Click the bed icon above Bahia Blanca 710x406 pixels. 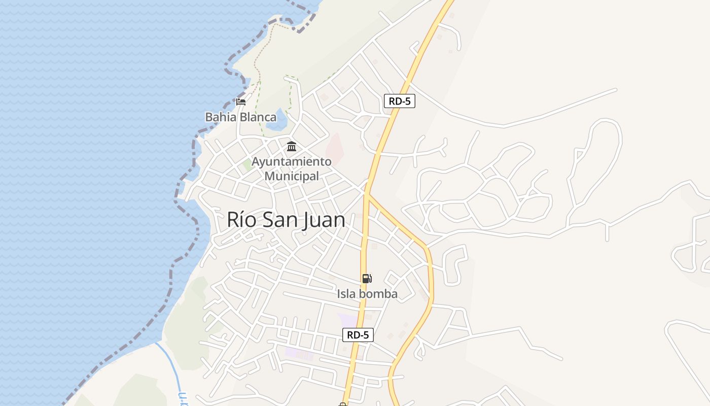click(241, 101)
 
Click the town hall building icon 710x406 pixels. click(292, 147)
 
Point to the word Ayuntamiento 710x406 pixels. click(292, 162)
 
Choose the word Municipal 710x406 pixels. click(292, 176)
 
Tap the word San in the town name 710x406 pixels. click(281, 220)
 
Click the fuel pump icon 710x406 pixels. click(367, 278)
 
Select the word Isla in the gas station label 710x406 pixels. click(347, 294)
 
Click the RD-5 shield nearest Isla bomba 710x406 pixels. click(358, 335)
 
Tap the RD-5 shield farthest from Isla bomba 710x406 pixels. click(400, 101)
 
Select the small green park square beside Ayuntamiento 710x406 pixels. click(247, 164)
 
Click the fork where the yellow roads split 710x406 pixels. click(367, 193)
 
